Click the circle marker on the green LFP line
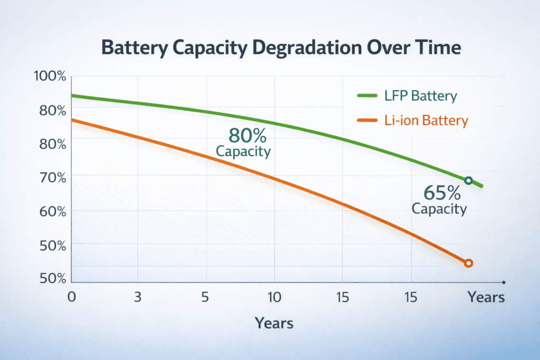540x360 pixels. tap(468, 181)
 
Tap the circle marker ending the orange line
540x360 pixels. tap(468, 263)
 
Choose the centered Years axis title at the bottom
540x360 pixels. tap(274, 323)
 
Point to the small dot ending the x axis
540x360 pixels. tap(504, 282)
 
